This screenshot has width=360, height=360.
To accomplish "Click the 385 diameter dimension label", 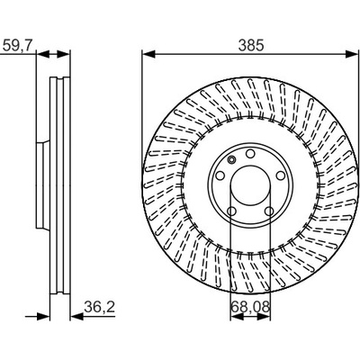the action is coord(251,45).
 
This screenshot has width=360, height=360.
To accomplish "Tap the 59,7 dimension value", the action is coord(17,46).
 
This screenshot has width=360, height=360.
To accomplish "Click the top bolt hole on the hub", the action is coord(250,154).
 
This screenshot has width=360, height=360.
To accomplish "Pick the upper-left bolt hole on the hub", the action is coord(220,175).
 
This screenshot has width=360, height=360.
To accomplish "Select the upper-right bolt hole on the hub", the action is coord(280,175).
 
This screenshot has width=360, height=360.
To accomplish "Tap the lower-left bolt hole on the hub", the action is coord(231,211).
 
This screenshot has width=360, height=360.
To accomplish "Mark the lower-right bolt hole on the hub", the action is coord(269,211).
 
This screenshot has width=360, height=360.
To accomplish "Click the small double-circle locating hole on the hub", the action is coord(231,160).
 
